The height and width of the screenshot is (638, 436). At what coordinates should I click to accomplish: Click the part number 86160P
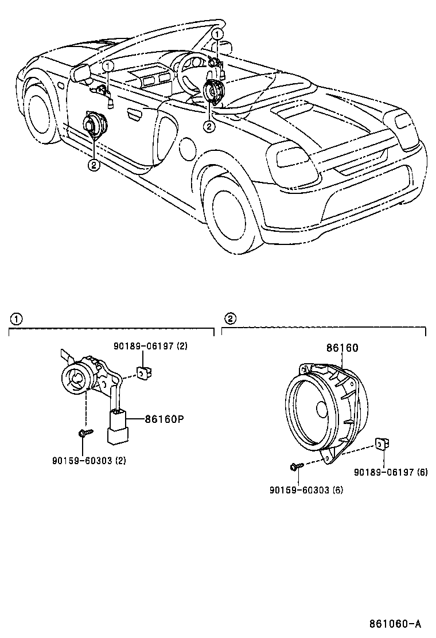click(x=163, y=419)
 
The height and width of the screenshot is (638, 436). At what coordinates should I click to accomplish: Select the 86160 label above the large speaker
click(x=342, y=348)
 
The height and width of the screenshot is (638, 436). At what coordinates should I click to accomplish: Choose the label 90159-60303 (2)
click(x=88, y=460)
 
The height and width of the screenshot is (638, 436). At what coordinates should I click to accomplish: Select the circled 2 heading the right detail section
click(x=230, y=319)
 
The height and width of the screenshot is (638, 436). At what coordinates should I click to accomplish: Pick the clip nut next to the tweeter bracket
click(x=143, y=372)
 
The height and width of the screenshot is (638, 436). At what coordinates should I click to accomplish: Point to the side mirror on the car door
click(x=81, y=72)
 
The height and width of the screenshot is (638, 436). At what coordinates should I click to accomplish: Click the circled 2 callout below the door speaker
click(x=93, y=165)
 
